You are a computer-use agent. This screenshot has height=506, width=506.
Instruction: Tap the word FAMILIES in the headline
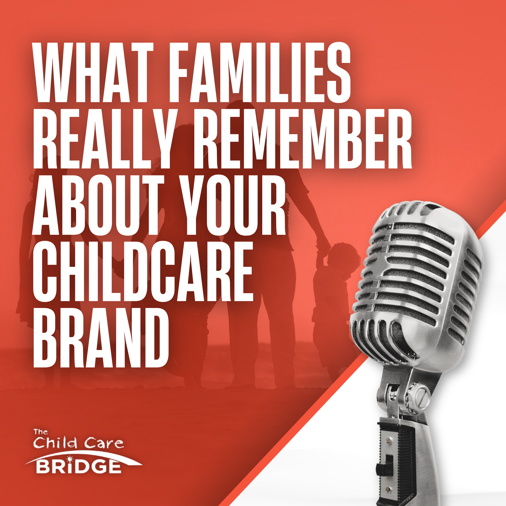(259, 73)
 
